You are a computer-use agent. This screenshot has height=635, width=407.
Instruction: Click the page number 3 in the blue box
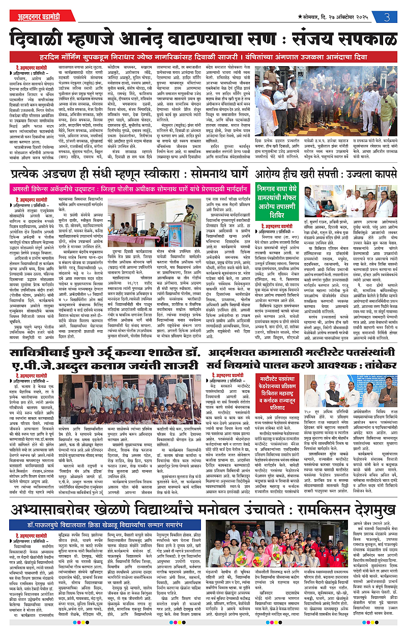coord(387,17)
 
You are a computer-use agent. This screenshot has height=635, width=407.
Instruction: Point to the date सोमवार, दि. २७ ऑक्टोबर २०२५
coord(335,17)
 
